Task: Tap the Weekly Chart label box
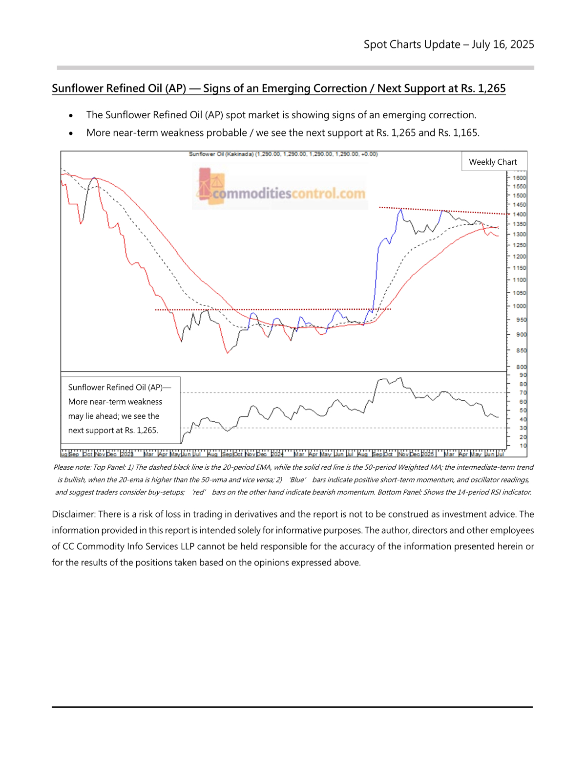tap(493, 162)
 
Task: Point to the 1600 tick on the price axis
tap(519, 178)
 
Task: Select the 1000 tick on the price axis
tap(519, 306)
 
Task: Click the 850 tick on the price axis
tap(521, 350)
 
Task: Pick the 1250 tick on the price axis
tap(519, 245)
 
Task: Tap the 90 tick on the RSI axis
tap(523, 375)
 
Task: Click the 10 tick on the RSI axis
tap(523, 446)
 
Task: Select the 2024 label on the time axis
tap(277, 454)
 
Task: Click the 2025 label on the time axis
tap(427, 454)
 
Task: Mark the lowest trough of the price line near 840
tap(228, 353)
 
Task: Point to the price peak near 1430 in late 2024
tap(401, 209)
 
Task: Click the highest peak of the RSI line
tap(400, 378)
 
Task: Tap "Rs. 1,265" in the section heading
tap(483, 88)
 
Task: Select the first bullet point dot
tap(71, 116)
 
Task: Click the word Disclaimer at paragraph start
tap(73, 514)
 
